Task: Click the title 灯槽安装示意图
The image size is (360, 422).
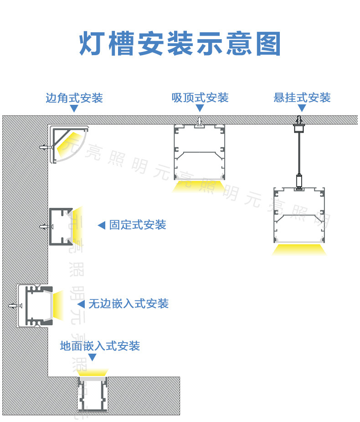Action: coord(180,44)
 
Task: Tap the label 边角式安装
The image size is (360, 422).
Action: coord(74,98)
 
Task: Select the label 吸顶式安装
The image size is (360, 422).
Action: coord(200,98)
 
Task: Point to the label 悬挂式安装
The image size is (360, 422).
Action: coord(302,98)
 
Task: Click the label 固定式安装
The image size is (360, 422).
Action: coord(138,225)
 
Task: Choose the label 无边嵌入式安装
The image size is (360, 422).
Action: coord(129,304)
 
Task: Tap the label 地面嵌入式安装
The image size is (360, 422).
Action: coord(100,346)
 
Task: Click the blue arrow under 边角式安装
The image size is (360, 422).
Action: coord(74,109)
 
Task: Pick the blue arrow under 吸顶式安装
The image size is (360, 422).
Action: coord(200,108)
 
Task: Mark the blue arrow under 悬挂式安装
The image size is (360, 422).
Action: coord(302,108)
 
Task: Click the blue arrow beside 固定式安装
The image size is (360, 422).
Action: coord(102,225)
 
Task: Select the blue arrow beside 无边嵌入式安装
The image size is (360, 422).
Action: coord(81,304)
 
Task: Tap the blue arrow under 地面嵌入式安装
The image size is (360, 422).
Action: coord(92,357)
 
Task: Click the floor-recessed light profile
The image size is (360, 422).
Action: coord(92,393)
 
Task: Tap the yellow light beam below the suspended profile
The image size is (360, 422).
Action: coord(299,249)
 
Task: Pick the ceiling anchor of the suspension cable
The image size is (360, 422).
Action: coord(298,122)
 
